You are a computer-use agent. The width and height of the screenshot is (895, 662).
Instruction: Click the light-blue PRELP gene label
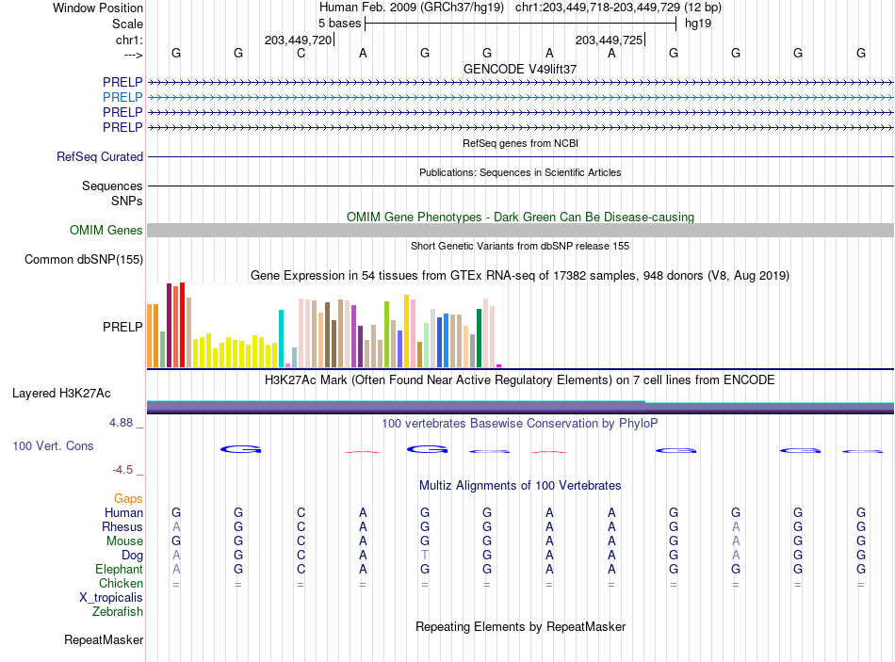pyautogui.click(x=122, y=97)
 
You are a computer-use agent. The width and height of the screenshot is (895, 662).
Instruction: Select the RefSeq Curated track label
pyautogui.click(x=99, y=156)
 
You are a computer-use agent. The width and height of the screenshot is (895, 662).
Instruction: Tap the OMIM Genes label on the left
pyautogui.click(x=106, y=230)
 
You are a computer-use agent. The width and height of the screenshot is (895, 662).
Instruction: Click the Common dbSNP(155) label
pyautogui.click(x=83, y=259)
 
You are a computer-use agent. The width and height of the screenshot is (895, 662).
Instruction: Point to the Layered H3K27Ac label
pyautogui.click(x=61, y=394)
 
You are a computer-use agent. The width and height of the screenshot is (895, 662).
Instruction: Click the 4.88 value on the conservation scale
pyautogui.click(x=121, y=423)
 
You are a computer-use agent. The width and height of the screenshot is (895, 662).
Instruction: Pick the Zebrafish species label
pyautogui.click(x=118, y=611)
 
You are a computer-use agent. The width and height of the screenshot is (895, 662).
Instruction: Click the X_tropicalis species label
pyautogui.click(x=111, y=598)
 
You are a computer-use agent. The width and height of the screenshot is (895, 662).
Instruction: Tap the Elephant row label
pyautogui.click(x=119, y=569)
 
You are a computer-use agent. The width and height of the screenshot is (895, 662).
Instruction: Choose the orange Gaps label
pyautogui.click(x=128, y=499)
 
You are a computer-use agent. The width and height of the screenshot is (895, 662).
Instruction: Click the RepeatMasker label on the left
pyautogui.click(x=104, y=639)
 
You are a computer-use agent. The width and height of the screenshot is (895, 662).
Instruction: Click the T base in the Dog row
pyautogui.click(x=425, y=555)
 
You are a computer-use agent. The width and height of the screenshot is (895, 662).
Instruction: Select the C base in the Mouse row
pyautogui.click(x=301, y=541)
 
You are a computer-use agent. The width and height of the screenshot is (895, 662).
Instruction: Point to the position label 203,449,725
pyautogui.click(x=609, y=40)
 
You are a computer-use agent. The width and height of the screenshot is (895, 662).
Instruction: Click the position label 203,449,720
pyautogui.click(x=298, y=40)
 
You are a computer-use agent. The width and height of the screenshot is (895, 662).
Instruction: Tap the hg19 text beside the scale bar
pyautogui.click(x=698, y=24)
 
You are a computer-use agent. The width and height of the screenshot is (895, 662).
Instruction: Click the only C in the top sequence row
pyautogui.click(x=301, y=53)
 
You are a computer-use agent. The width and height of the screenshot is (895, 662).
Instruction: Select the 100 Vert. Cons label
pyautogui.click(x=53, y=445)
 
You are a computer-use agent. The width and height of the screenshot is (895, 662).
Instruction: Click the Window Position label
pyautogui.click(x=98, y=8)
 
